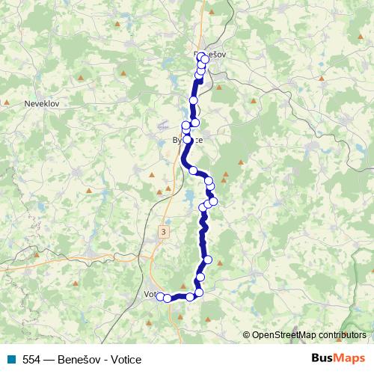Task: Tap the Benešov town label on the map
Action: coord(209,54)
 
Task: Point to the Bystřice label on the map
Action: coord(188,140)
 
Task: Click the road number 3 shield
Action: coord(163,233)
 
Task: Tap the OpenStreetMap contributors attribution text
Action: coord(309,335)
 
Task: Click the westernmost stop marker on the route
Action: coord(159,297)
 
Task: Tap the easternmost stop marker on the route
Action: coord(213,201)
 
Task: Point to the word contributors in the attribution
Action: coord(340,335)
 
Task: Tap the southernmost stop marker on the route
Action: coord(168,299)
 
